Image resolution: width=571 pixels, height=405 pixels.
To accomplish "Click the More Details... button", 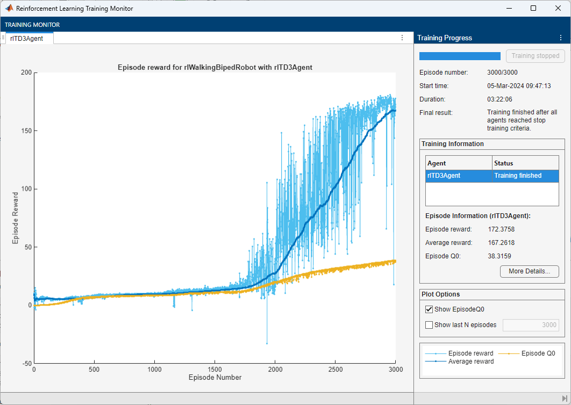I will coord(529,271).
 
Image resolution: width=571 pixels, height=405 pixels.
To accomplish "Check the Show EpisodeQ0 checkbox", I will coord(429,309).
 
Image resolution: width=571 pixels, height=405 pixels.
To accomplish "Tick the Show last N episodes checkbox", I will coord(429,324).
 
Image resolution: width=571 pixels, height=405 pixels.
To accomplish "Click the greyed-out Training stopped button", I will coord(535,56).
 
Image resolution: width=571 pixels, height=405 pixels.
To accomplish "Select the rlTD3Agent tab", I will coord(27,38).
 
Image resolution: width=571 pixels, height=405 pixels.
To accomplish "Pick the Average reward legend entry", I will coord(470,361).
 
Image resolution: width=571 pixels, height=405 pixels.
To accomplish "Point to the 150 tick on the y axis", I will coord(26,131).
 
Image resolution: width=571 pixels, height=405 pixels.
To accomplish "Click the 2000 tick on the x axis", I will coord(275,370).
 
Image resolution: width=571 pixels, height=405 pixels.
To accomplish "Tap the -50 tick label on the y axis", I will coord(25,363).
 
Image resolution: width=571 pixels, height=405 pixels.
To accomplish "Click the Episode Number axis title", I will coord(215,378).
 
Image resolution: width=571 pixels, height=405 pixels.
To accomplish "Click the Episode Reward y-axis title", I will coord(16,218).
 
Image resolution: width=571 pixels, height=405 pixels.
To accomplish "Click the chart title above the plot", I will coord(215,68).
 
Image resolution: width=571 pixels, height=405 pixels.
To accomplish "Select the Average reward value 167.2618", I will coord(501,243).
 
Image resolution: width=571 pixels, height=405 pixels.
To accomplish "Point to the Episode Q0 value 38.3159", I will coord(499,256).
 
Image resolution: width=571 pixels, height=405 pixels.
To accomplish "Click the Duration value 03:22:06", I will coord(499,99).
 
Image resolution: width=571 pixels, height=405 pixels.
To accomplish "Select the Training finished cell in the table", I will coord(518,176).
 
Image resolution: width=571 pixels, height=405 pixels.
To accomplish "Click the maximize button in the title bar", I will coord(533,8).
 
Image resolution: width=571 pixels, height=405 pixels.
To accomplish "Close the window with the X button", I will coord(558,8).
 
